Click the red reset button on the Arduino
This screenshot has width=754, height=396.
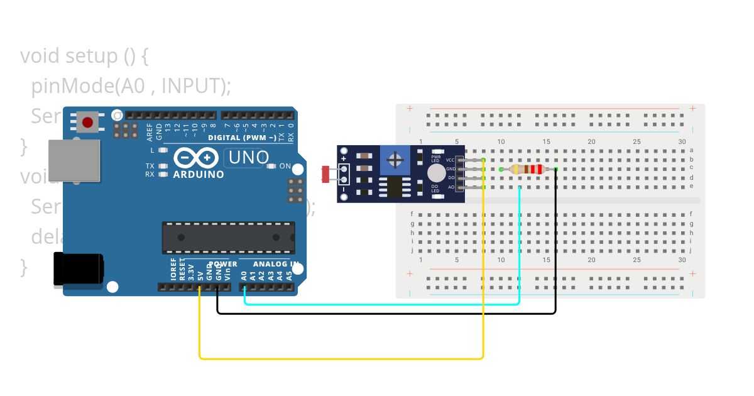[88, 122]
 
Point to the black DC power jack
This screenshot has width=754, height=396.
[78, 270]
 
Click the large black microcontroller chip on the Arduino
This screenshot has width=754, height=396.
[228, 237]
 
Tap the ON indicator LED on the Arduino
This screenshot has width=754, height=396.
[272, 166]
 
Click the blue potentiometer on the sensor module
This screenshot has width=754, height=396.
[395, 160]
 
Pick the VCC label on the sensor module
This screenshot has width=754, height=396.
[451, 160]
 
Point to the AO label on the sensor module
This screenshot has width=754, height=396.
[451, 187]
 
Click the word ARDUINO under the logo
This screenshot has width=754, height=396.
[198, 174]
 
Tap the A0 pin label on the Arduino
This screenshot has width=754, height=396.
[244, 275]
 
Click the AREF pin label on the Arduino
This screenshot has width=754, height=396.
[150, 131]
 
